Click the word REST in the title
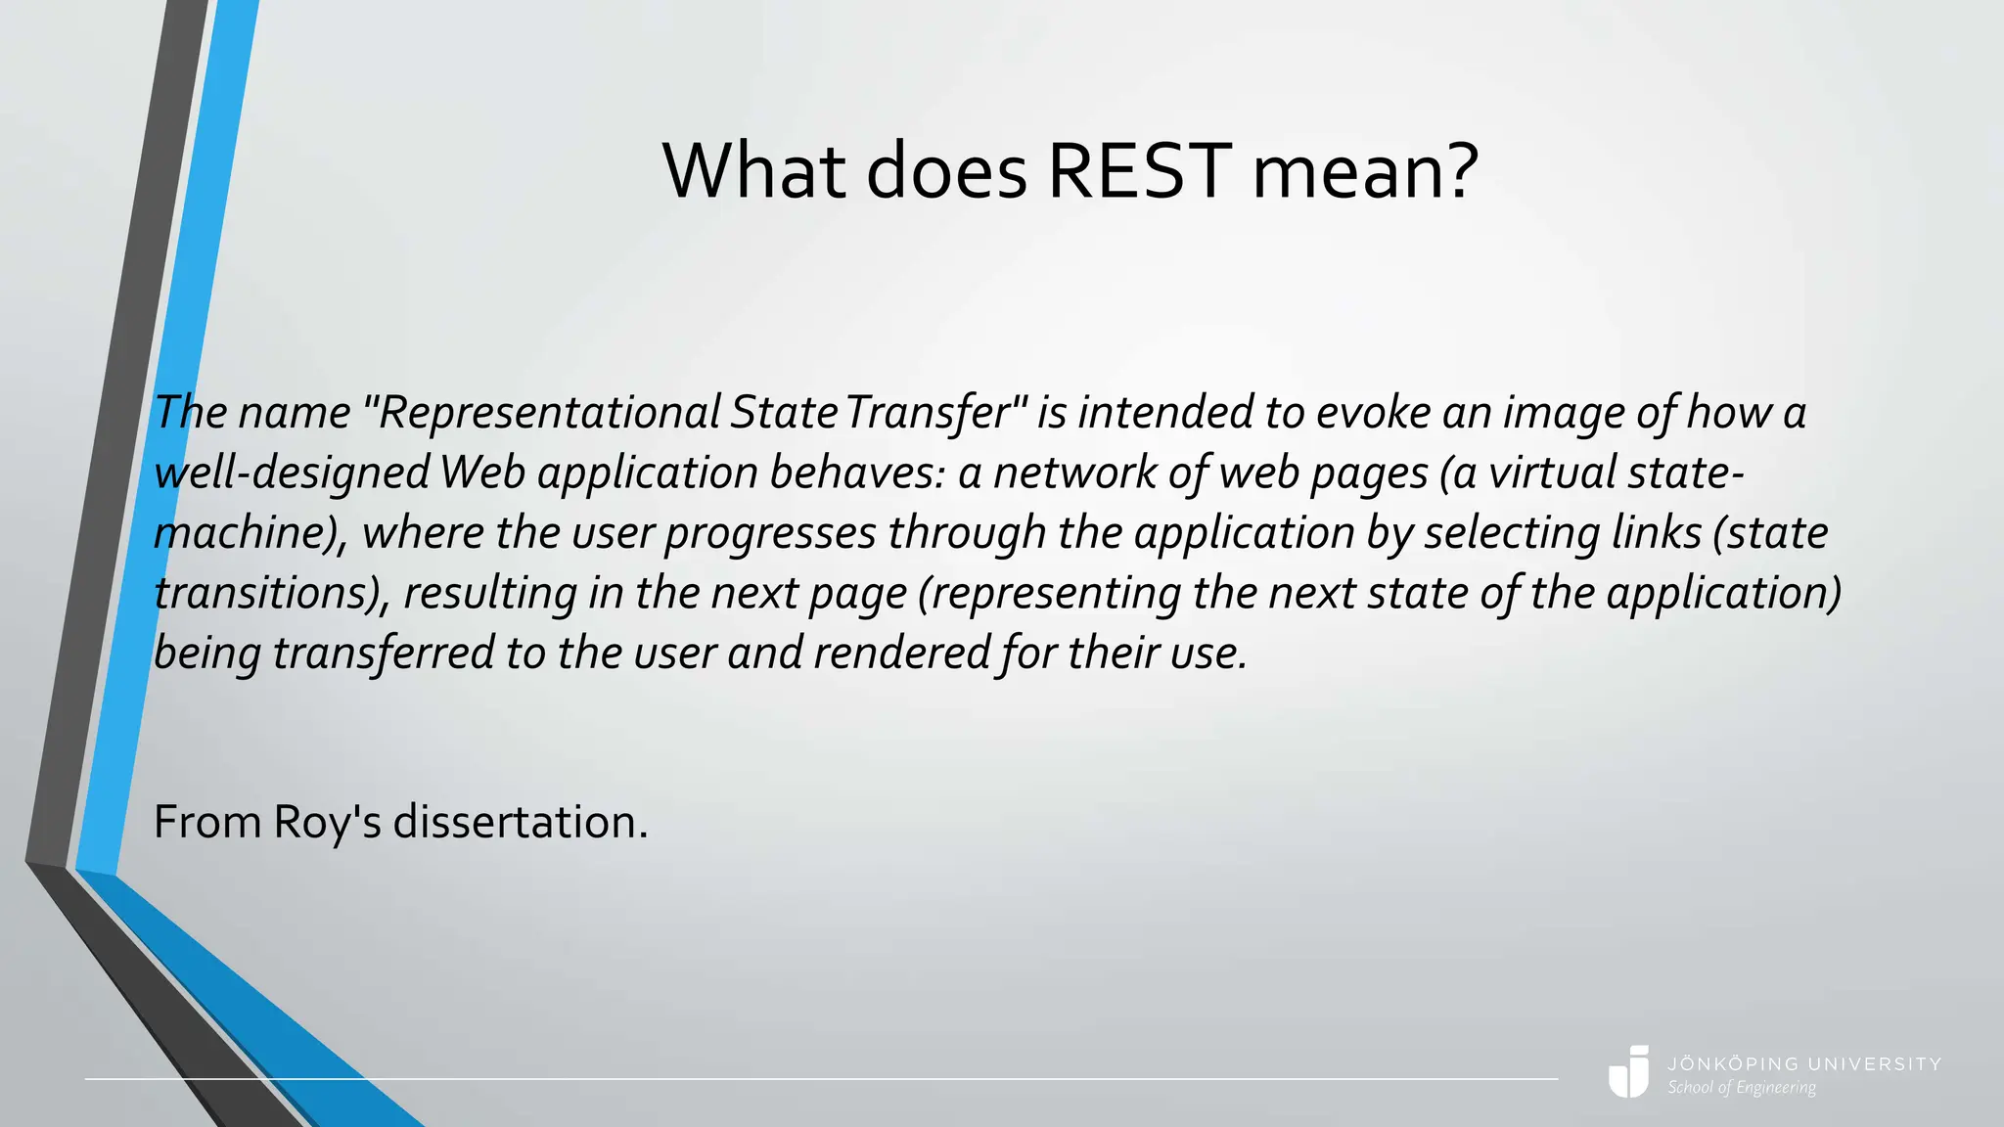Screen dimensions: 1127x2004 (x=1139, y=171)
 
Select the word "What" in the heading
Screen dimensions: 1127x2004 (x=753, y=171)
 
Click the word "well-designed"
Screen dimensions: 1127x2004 (x=292, y=473)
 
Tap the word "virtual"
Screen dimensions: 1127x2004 (x=1553, y=473)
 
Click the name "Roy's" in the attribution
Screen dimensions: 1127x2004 (x=327, y=823)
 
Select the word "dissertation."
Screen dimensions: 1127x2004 (x=521, y=823)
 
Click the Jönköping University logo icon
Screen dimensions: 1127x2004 (x=1629, y=1072)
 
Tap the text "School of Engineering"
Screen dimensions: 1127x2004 (x=1742, y=1088)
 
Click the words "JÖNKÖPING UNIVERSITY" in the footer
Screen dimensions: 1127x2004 (x=1804, y=1063)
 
